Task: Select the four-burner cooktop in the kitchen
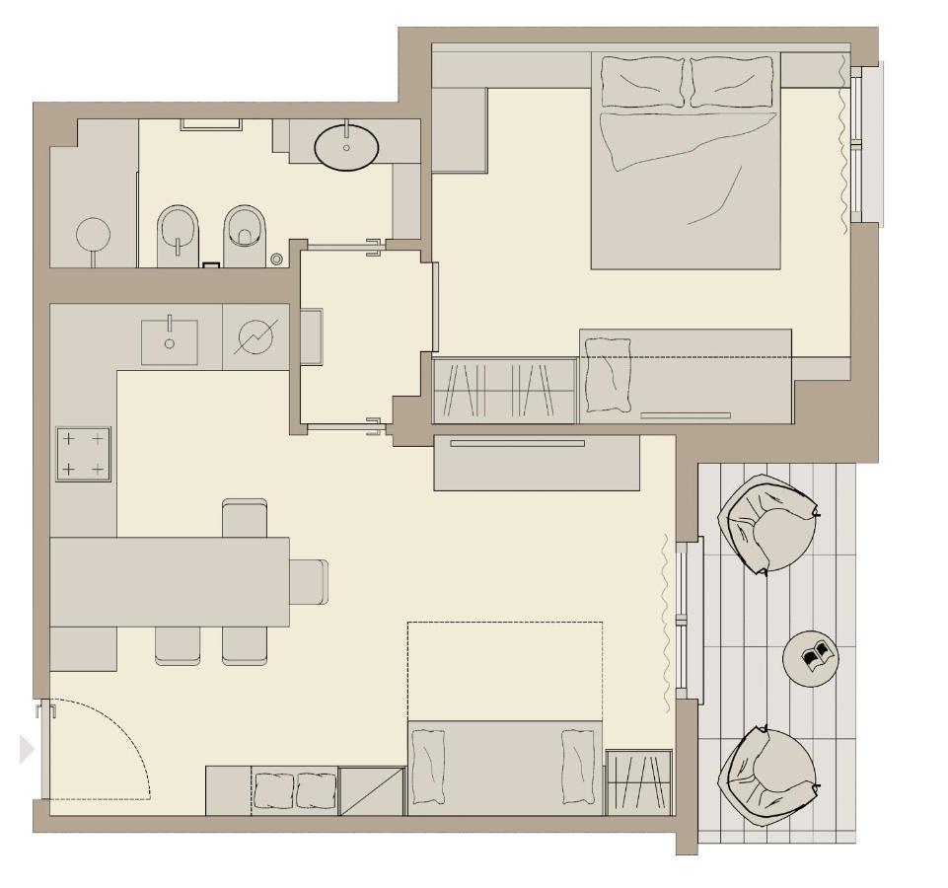click(83, 454)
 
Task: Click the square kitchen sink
click(169, 342)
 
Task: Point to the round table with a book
click(811, 656)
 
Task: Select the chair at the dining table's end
click(309, 581)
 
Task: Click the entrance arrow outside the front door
click(27, 750)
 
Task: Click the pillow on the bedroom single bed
click(607, 375)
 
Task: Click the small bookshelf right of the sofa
click(638, 781)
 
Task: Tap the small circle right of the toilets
click(277, 259)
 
